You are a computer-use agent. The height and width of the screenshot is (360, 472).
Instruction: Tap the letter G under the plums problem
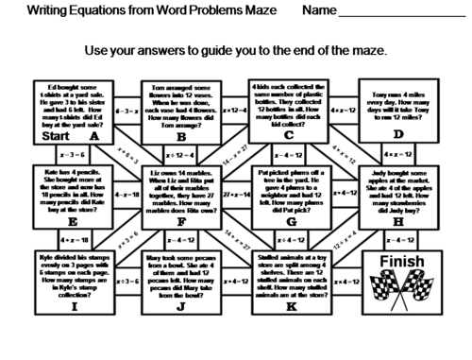tap(290, 224)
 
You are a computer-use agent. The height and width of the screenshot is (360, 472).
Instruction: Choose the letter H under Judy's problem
tap(398, 224)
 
